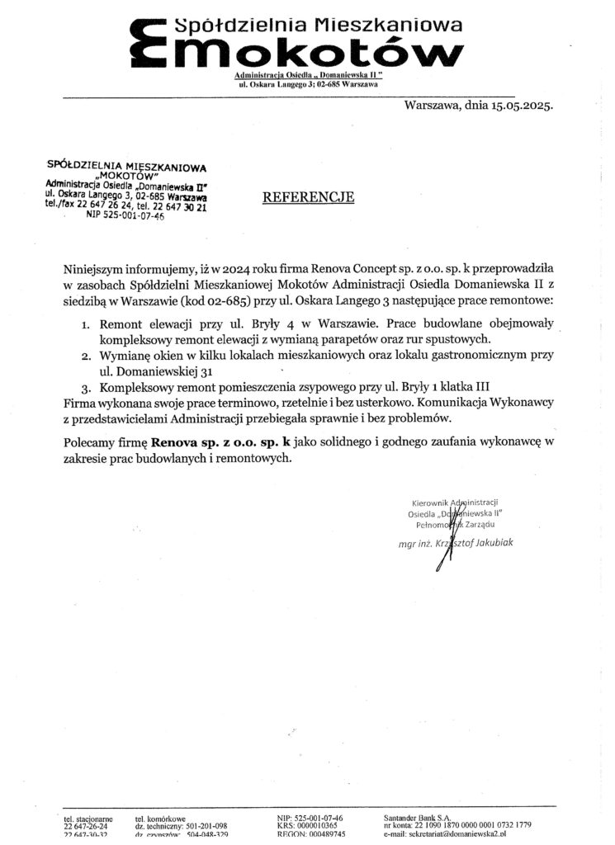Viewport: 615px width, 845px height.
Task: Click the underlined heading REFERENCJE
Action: [x=308, y=197]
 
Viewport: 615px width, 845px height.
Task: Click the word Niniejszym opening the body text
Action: [x=97, y=269]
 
